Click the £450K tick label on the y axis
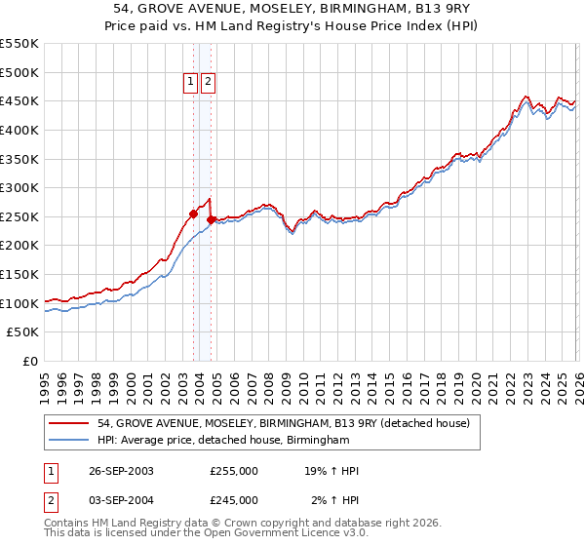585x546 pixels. (19, 101)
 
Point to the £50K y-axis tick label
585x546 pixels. (23, 332)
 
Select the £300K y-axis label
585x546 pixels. (19, 188)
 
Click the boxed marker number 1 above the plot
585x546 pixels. (191, 83)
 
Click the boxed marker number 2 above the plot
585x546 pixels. (209, 83)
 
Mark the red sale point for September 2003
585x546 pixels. (193, 214)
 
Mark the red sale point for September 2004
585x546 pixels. (211, 219)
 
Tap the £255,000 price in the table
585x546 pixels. (233, 471)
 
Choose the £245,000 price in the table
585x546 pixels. (233, 500)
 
